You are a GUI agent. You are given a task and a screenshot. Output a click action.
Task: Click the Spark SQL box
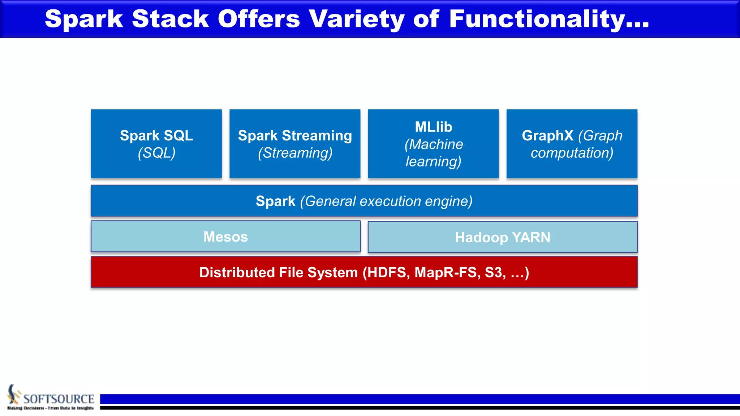tap(156, 143)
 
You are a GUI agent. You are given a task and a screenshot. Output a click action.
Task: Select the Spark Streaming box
tap(295, 143)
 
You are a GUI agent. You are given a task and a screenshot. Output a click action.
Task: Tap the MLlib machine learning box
tap(433, 143)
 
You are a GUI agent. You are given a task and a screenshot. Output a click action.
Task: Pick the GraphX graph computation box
tap(572, 143)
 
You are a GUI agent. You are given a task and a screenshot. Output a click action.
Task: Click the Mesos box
tap(225, 237)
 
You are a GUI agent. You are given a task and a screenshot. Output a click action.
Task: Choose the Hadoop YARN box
tap(502, 237)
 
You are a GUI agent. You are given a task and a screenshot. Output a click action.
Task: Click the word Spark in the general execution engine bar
tap(275, 201)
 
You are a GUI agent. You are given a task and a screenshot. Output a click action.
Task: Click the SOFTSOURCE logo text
tap(59, 399)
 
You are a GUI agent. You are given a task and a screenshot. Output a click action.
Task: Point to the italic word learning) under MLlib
tap(433, 161)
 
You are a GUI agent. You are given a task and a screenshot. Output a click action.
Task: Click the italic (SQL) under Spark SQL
tap(156, 153)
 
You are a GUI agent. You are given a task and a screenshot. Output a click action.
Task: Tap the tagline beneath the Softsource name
tap(51, 408)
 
